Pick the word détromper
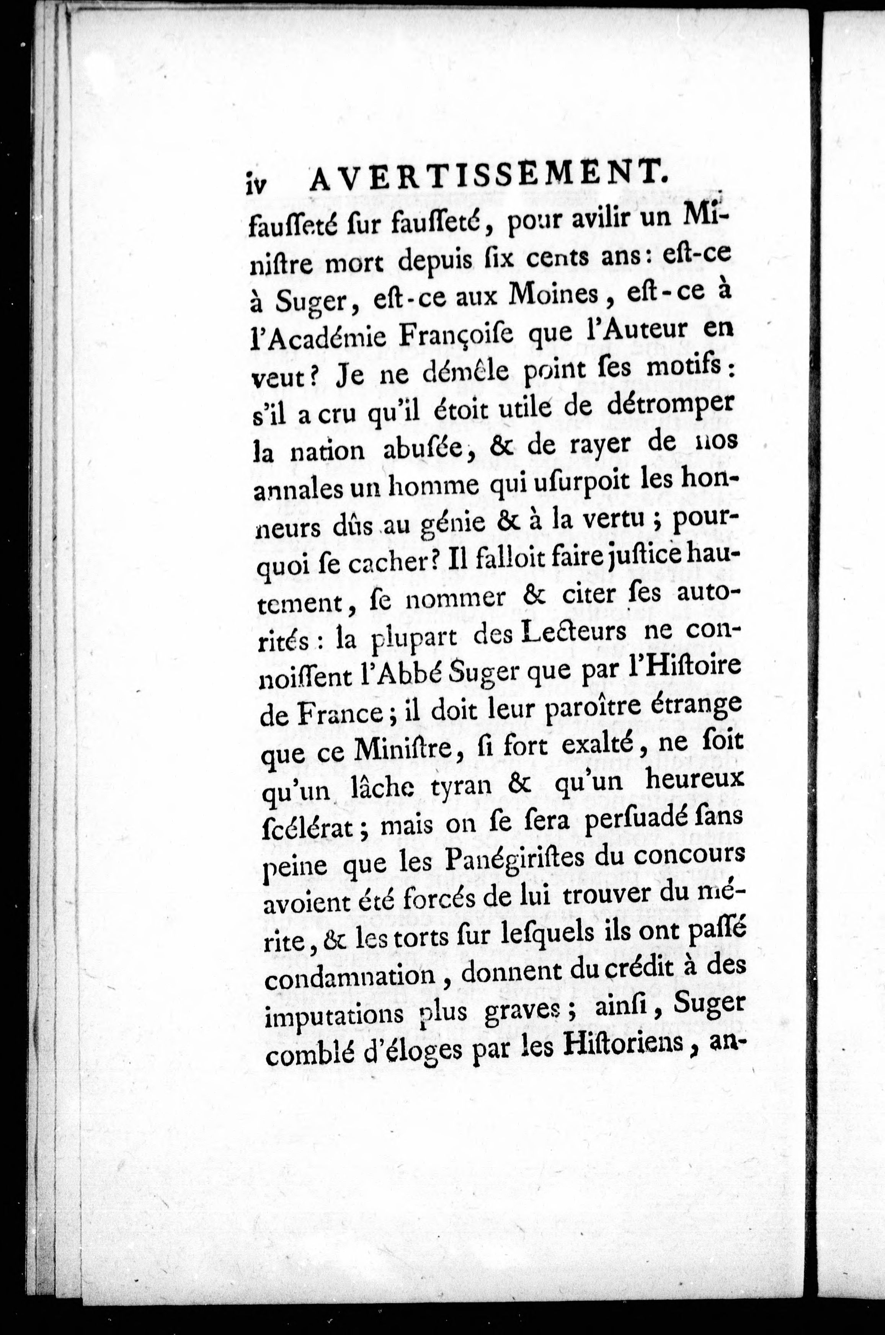point(660,404)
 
